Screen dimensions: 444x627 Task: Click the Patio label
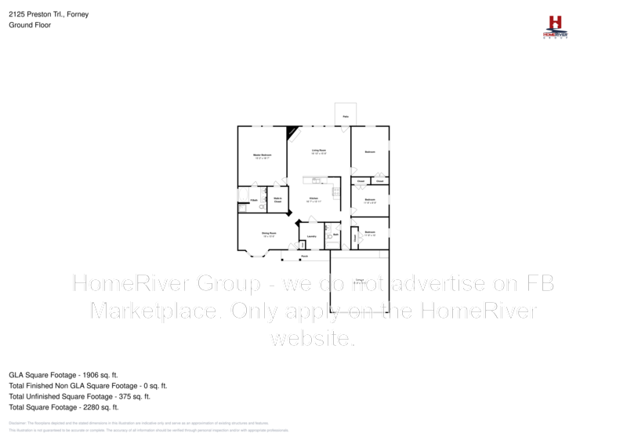[x=346, y=117]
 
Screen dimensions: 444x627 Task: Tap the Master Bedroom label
[x=262, y=155]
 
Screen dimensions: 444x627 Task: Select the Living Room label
[x=319, y=150]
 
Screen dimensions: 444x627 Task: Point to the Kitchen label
[x=313, y=198]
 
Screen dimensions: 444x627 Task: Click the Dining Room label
[x=269, y=233]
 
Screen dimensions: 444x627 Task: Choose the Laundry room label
[x=311, y=235]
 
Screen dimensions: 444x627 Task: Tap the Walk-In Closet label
[x=277, y=200]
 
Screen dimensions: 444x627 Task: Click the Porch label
[x=304, y=256]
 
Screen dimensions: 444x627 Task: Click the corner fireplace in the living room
[x=292, y=132]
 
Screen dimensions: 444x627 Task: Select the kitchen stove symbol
[x=336, y=191]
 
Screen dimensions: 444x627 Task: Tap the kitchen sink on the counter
[x=316, y=180]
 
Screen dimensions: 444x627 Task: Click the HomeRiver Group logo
[x=556, y=27]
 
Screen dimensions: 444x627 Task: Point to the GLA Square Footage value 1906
[x=92, y=375]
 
